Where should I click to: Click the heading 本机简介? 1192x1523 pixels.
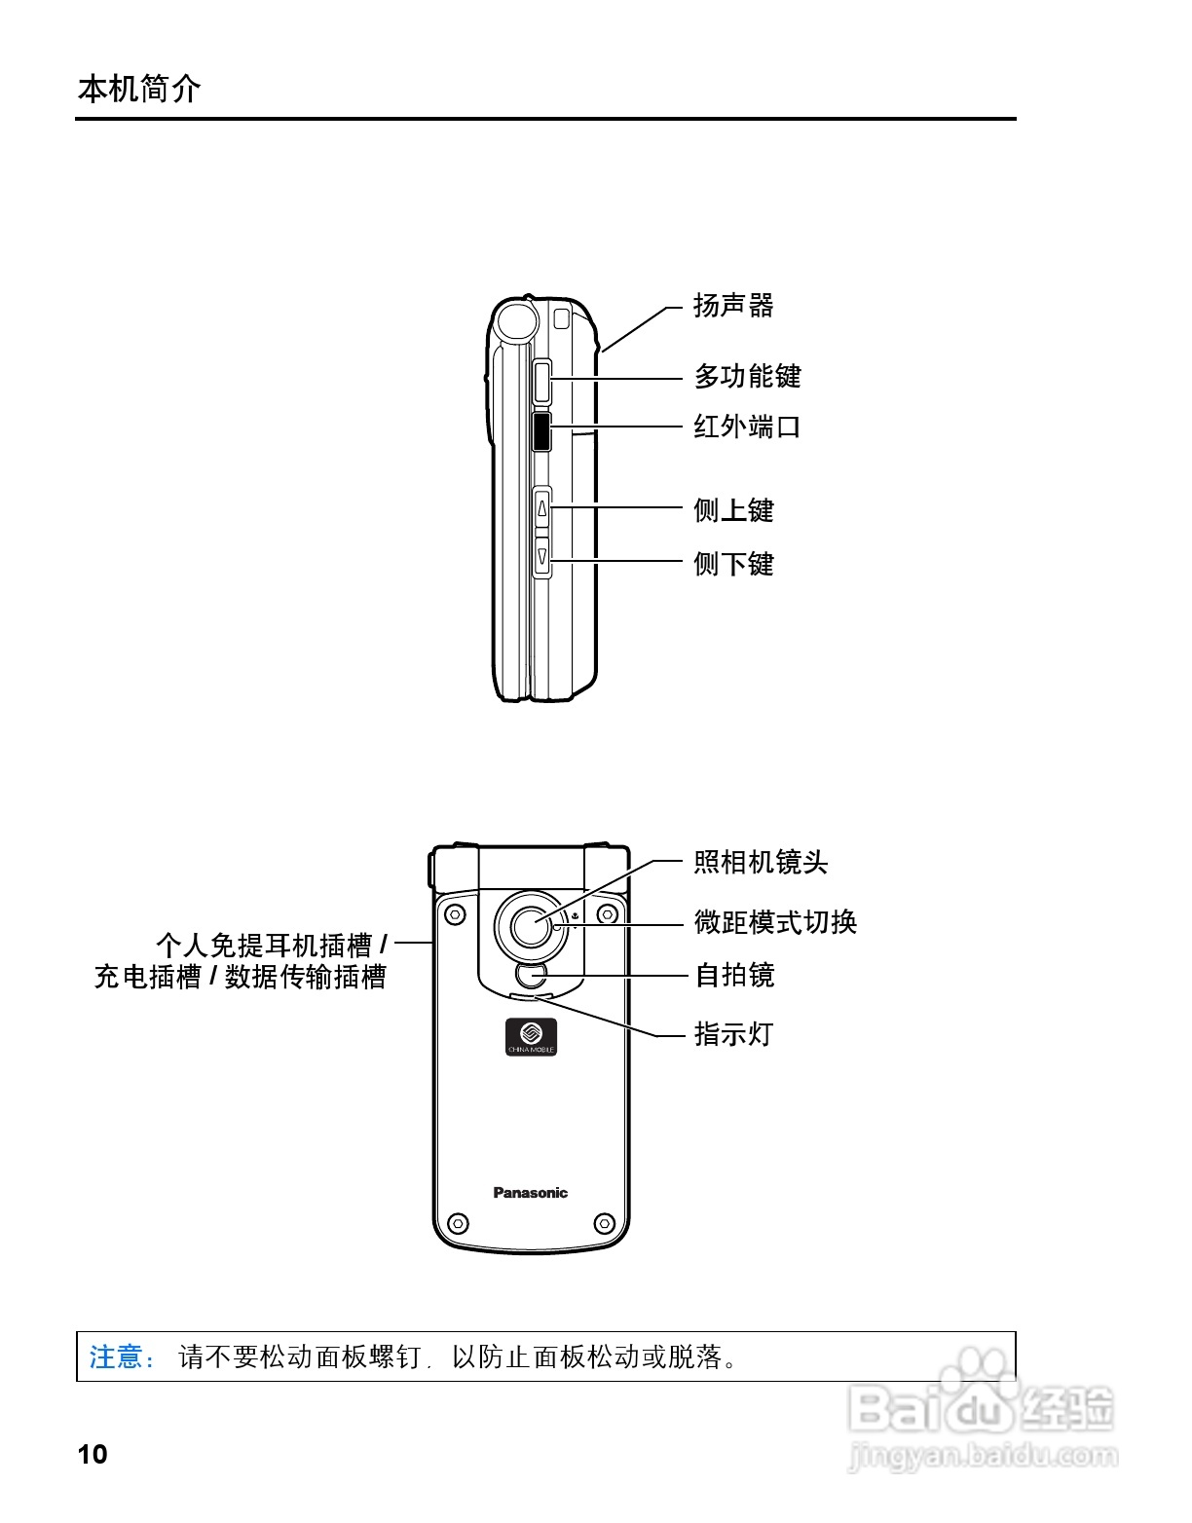coord(139,89)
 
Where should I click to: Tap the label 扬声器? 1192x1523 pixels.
coord(733,306)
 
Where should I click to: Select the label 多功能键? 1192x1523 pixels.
coord(747,376)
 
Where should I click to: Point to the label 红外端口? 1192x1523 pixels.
coord(747,427)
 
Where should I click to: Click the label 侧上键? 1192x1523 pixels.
coord(733,510)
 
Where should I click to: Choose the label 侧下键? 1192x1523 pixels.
coord(733,564)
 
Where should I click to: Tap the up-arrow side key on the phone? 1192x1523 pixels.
coord(542,508)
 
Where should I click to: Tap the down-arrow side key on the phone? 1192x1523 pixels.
coord(542,556)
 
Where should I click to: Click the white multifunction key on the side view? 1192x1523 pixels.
coord(542,382)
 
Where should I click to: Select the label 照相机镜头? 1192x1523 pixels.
coord(761,862)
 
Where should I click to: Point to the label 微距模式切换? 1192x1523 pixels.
coord(775,922)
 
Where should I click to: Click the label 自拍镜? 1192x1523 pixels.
coord(734,975)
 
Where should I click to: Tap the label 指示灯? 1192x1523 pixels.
coord(733,1034)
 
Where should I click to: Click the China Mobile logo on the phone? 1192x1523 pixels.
coord(531,1036)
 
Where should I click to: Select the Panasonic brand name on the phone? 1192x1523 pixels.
coord(530,1193)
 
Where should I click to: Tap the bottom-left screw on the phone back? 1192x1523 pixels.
coord(458,1223)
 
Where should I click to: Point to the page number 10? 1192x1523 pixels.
coord(93,1454)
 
